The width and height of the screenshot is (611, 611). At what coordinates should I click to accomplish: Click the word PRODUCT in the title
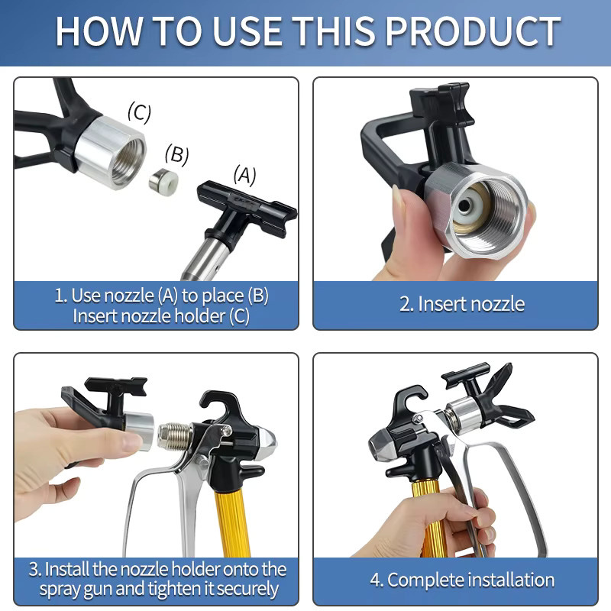(x=473, y=31)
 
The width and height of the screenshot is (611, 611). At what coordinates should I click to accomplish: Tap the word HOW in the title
(x=99, y=31)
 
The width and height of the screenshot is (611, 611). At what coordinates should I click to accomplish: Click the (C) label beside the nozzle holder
(x=139, y=112)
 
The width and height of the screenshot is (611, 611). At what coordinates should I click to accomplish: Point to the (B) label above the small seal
(x=176, y=154)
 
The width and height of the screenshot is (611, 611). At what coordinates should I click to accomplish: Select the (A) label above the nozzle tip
(x=244, y=176)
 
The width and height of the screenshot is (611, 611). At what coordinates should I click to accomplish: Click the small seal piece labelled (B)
(x=163, y=181)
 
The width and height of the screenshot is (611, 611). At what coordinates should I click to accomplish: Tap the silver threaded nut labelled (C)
(x=111, y=153)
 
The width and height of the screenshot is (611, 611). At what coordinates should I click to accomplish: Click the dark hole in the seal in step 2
(x=464, y=206)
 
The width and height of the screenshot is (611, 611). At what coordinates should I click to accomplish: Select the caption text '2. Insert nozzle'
(x=462, y=304)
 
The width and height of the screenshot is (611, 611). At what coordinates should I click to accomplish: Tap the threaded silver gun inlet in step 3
(x=175, y=435)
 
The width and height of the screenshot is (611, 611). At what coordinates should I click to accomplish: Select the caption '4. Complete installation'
(x=462, y=580)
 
